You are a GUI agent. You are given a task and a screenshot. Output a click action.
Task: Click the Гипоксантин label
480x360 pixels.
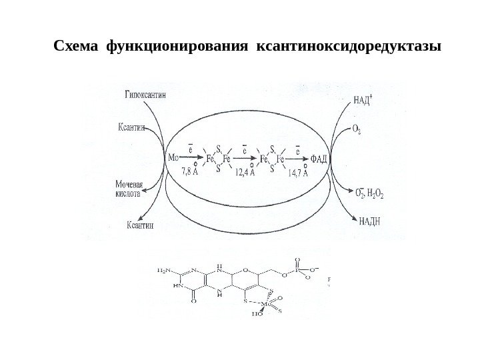pyautogui.click(x=146, y=95)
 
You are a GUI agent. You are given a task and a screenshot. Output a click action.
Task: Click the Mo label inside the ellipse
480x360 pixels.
pyautogui.click(x=174, y=159)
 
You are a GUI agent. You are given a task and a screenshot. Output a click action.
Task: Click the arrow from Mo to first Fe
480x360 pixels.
pyautogui.click(x=192, y=159)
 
